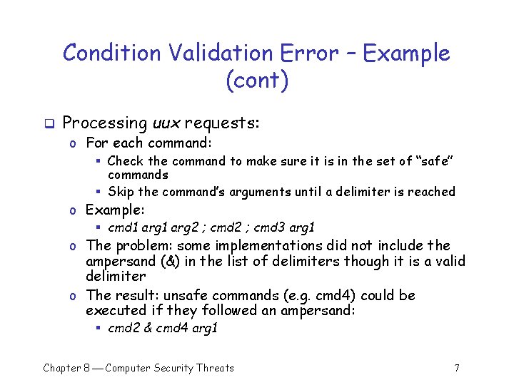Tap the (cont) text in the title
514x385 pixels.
click(x=257, y=80)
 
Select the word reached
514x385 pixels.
click(x=430, y=191)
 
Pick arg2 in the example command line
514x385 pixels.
click(x=179, y=228)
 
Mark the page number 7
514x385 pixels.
click(x=456, y=368)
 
